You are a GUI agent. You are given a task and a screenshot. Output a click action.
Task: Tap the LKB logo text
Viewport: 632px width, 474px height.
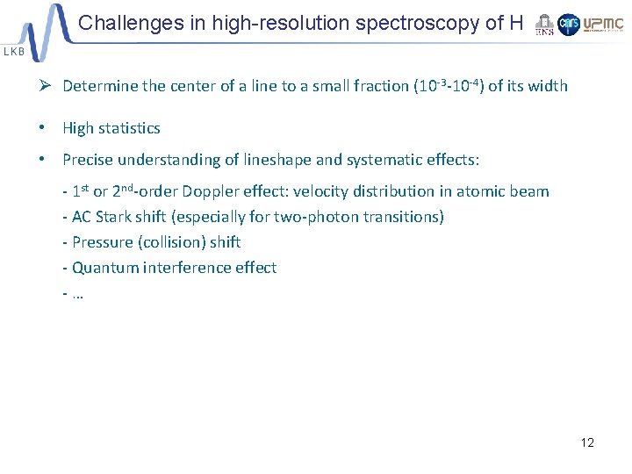tap(14, 52)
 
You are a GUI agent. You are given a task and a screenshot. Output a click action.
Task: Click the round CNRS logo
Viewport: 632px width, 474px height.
tap(569, 25)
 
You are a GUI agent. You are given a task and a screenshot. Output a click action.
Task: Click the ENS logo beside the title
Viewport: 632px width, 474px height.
tap(544, 25)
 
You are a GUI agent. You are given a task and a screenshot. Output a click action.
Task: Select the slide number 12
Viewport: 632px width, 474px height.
tap(587, 442)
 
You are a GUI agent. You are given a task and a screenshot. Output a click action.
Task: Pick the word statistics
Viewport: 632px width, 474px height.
tap(129, 128)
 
